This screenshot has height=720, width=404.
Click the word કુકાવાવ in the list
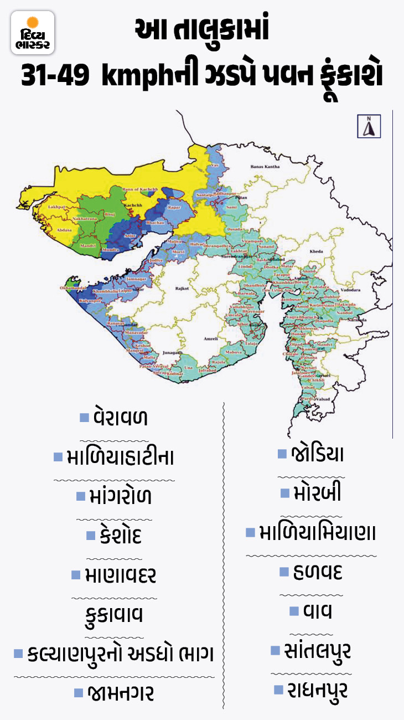pyautogui.click(x=115, y=614)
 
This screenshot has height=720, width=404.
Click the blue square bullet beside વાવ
pyautogui.click(x=294, y=611)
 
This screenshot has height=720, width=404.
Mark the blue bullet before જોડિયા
pyautogui.click(x=282, y=454)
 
